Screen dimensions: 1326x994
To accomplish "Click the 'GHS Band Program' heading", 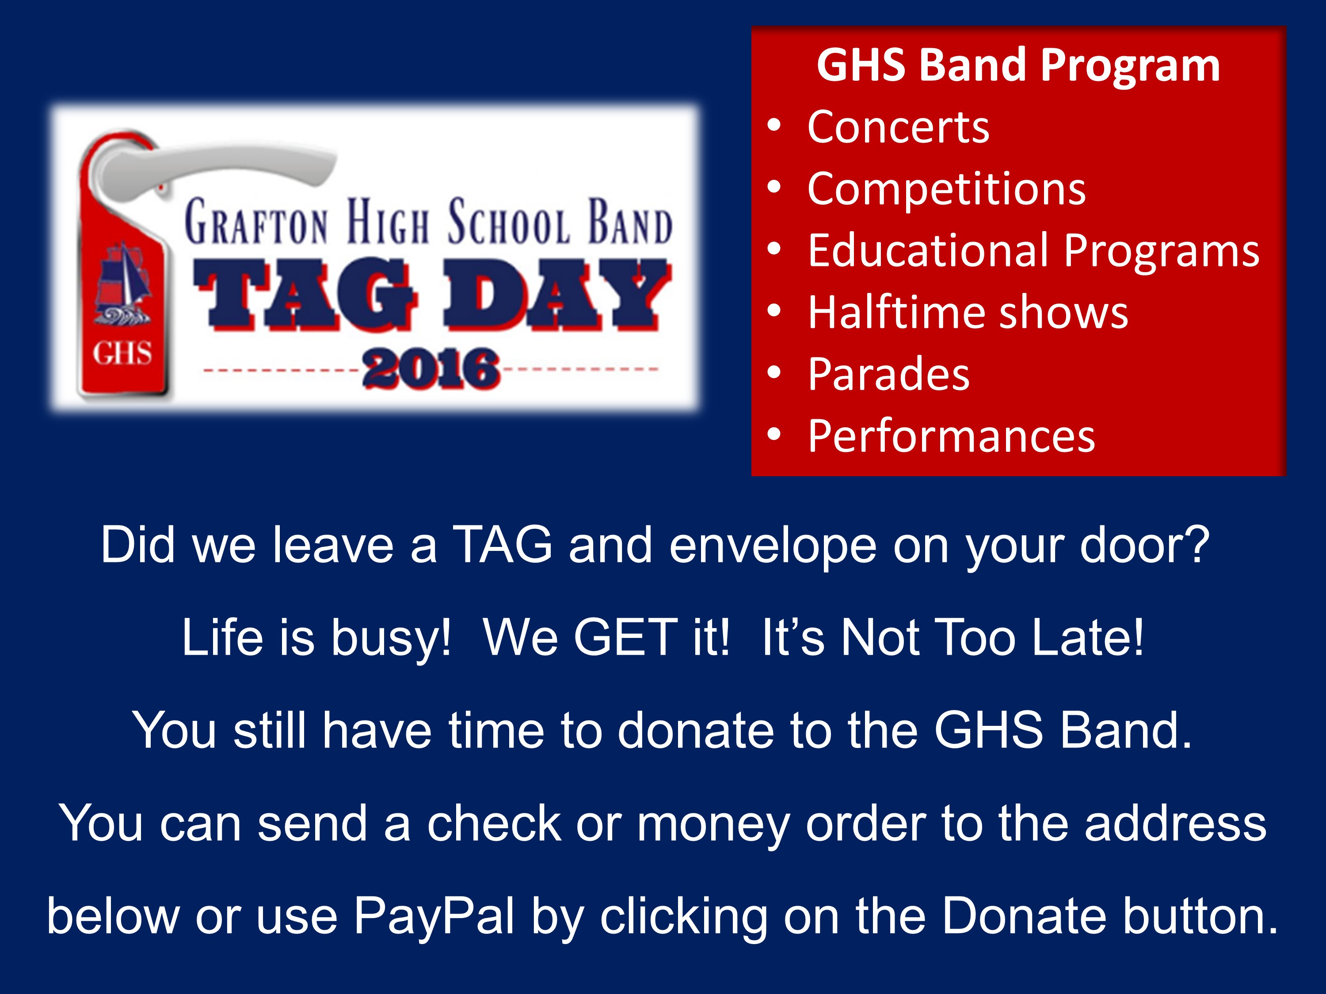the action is click(x=1018, y=65).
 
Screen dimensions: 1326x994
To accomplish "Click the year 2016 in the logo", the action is click(x=431, y=368).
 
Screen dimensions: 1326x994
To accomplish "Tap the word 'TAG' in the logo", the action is click(x=305, y=294).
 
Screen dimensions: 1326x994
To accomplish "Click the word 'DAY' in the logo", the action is click(x=557, y=294).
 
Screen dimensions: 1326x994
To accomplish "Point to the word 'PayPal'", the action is click(x=434, y=917).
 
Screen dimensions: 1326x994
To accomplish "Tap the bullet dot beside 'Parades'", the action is click(x=774, y=372).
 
